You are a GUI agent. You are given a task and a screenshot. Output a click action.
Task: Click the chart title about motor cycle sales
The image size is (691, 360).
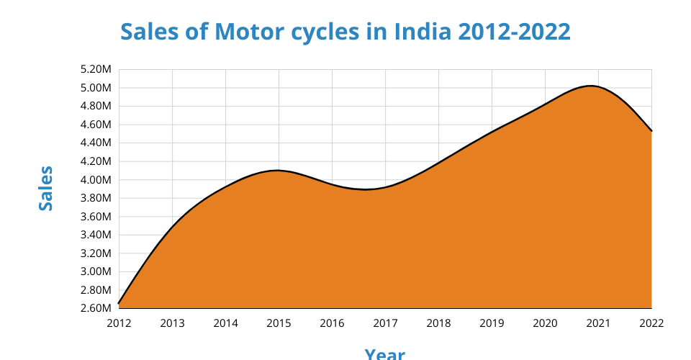(x=345, y=32)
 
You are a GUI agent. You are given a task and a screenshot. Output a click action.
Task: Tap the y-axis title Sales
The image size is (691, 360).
(x=46, y=189)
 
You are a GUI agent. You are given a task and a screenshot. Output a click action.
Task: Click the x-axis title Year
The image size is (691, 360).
(x=384, y=353)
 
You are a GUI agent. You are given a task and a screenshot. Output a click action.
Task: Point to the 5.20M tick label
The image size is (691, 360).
(x=96, y=70)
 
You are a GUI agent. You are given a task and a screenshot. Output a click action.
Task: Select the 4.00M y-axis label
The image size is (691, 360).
(x=96, y=180)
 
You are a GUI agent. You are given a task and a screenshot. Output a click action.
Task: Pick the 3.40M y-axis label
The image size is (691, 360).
(x=96, y=235)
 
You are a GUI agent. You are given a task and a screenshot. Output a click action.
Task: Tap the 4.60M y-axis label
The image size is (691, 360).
(x=96, y=125)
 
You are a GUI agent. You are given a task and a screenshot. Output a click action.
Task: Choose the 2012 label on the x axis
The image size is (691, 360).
(x=119, y=323)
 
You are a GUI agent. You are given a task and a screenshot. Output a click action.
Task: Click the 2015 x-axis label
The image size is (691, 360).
(x=279, y=323)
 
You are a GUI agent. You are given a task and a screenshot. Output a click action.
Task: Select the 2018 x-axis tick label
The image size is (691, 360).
(x=438, y=323)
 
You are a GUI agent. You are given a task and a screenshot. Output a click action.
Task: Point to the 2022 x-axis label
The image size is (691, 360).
(x=651, y=323)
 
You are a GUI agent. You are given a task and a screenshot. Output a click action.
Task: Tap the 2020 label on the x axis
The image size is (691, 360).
(x=545, y=323)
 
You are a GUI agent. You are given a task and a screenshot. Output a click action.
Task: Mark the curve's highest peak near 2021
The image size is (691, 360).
(x=591, y=86)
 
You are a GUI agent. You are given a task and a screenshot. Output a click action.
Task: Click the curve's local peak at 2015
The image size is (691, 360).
(x=278, y=171)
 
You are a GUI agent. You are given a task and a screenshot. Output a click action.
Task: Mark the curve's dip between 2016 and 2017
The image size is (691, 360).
(x=366, y=189)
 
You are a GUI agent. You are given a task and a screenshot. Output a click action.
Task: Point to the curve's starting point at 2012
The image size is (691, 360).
(x=119, y=304)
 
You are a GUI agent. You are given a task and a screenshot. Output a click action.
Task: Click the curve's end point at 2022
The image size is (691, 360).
(x=651, y=131)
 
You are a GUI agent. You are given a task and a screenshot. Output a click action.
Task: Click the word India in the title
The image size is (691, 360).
(x=420, y=32)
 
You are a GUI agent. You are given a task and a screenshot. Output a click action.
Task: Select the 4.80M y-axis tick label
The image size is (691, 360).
(x=96, y=107)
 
